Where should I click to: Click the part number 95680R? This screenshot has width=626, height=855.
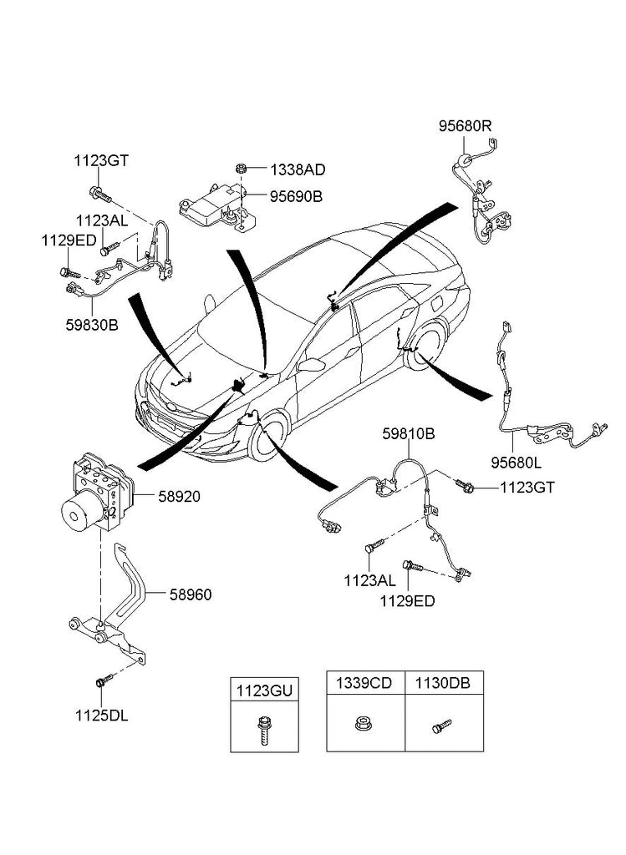click(x=466, y=126)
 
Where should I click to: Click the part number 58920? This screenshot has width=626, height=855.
click(x=180, y=496)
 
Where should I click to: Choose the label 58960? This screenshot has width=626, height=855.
click(x=190, y=594)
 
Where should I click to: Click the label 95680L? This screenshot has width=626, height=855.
click(x=515, y=461)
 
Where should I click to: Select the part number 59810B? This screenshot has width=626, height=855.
click(x=409, y=434)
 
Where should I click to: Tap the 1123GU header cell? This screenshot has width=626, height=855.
click(x=264, y=690)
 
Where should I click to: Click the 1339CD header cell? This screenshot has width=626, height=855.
click(x=364, y=682)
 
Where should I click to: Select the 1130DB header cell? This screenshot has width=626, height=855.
click(x=443, y=682)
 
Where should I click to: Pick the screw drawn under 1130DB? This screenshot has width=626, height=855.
click(x=440, y=726)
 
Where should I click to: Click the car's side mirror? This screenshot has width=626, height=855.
click(x=311, y=366)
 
